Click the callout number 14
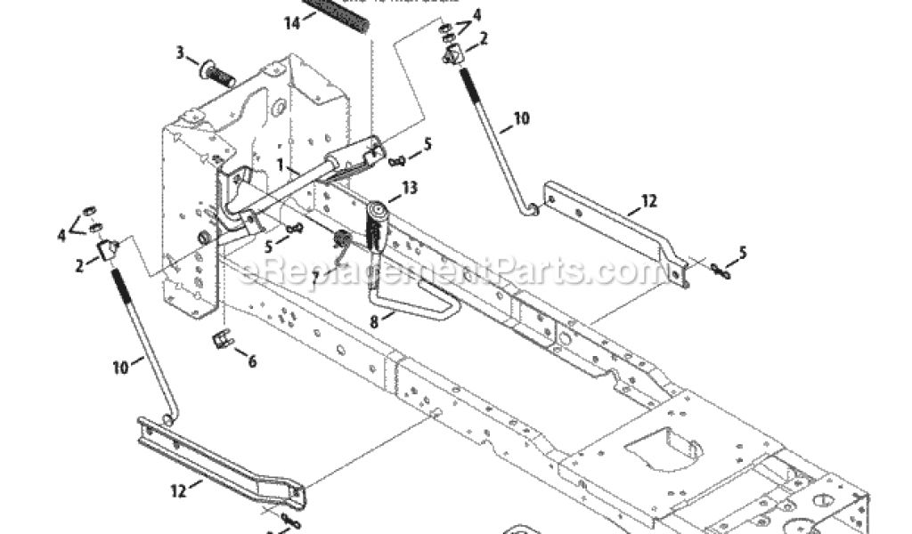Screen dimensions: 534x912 tap(292, 24)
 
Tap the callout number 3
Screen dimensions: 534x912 tap(180, 53)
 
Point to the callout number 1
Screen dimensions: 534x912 tap(281, 166)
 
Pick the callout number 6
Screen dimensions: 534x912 tap(252, 361)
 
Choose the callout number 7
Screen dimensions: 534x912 tap(315, 264)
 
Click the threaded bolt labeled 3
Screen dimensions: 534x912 tap(216, 73)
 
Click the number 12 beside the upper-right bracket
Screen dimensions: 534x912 tap(648, 202)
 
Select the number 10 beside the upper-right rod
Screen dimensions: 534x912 tap(521, 117)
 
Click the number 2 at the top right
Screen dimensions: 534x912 tap(484, 38)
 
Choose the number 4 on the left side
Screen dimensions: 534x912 tap(61, 235)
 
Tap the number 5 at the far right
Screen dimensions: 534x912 tap(743, 254)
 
